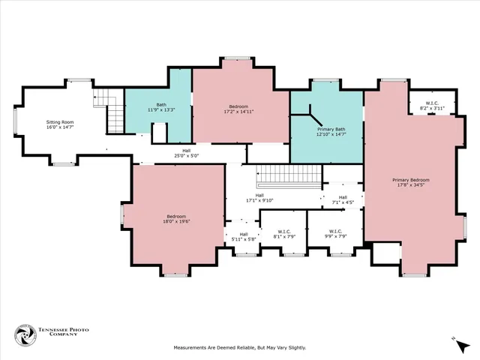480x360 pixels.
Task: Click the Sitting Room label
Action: (x=60, y=122)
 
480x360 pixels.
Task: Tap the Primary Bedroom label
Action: (x=411, y=180)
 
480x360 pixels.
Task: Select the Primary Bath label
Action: (x=331, y=129)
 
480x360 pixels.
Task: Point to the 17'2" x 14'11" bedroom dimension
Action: (x=238, y=112)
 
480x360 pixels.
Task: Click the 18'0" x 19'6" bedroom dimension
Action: (x=177, y=221)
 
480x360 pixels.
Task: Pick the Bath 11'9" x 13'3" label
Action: (x=161, y=107)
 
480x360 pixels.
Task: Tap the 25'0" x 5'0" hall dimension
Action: (x=187, y=155)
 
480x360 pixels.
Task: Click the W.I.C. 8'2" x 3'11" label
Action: (x=432, y=106)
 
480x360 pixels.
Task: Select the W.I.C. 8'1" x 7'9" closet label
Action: (x=284, y=234)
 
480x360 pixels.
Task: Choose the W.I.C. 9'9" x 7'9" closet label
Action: (x=335, y=233)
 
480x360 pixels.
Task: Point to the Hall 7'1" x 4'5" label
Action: (x=343, y=200)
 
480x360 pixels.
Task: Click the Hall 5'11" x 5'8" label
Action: (x=244, y=237)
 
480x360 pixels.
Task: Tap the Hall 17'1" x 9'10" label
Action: (x=259, y=198)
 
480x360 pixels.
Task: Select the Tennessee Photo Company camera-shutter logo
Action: (x=25, y=335)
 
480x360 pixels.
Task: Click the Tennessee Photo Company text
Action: (x=63, y=331)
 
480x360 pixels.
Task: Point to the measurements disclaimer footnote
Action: (x=240, y=348)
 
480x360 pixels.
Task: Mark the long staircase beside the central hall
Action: (x=289, y=177)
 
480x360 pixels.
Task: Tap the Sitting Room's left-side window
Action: (x=15, y=121)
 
